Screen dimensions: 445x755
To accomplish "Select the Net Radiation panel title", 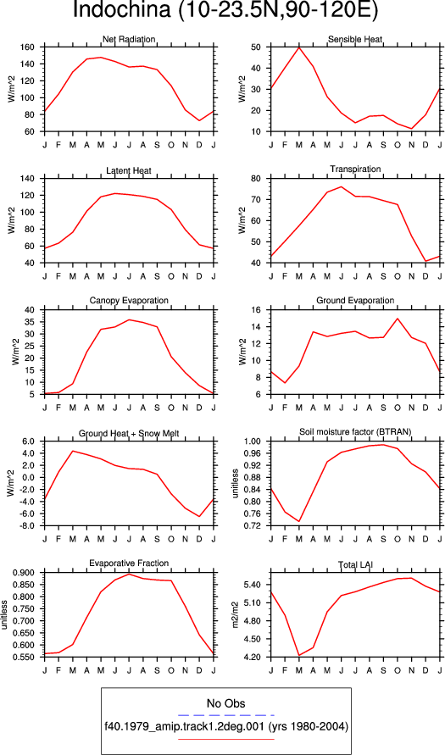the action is (129, 39).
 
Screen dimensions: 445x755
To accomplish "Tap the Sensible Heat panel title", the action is (355, 39).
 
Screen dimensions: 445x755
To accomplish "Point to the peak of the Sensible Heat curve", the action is (299, 47).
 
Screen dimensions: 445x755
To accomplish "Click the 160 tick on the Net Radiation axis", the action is (33, 47).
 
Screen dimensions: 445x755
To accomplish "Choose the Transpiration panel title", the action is (355, 156).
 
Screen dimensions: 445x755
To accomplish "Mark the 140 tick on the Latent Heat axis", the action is (33, 165).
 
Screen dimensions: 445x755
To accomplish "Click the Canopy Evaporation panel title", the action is (129, 301).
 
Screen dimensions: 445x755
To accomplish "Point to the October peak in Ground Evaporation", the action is (398, 319).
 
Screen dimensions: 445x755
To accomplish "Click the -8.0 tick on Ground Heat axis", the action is (31, 526).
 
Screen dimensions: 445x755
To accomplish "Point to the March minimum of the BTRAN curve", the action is (299, 521).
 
